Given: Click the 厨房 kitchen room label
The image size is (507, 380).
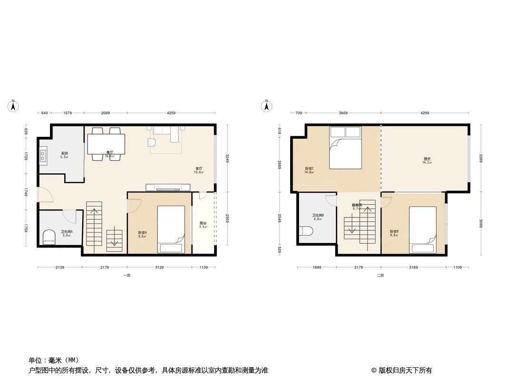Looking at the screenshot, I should pos(64,153).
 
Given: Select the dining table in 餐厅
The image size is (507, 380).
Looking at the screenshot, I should pos(106,143).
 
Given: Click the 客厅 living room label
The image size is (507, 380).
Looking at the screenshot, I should pos(199,169).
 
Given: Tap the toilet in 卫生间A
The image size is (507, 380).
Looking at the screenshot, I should pos(49,236).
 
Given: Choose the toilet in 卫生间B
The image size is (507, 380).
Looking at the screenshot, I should pos(305,231).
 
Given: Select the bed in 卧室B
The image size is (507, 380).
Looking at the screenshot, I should pos(423,229).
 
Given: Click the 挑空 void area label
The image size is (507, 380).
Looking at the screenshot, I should pos(427,159).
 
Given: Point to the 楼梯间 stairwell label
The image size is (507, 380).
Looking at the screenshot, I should pos(357,205).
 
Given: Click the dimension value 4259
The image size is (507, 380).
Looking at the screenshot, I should pos(171,113).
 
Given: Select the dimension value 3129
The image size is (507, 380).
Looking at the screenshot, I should pos(159,267).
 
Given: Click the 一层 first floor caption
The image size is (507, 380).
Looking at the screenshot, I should pos(127,275).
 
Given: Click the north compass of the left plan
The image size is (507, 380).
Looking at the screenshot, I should pos(14,105).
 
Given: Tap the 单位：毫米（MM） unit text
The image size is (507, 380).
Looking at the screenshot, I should pos(54,361).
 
